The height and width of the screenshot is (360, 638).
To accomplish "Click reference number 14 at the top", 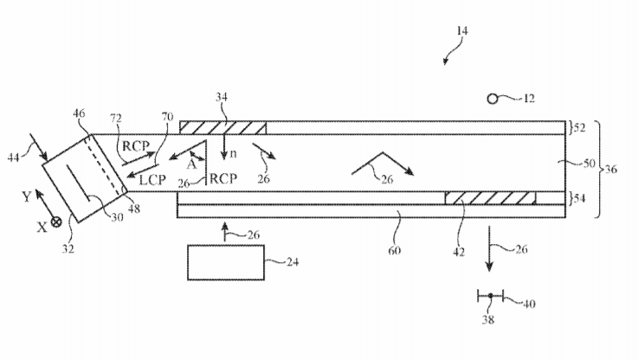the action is pos(462,31).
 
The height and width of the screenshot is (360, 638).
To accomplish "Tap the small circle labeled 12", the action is pos(493,99).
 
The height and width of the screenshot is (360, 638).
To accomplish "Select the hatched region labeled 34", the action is pos(223,128).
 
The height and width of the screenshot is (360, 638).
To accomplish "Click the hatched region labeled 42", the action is pos(490,198).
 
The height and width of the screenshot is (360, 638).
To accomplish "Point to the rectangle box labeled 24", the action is pos(226,262).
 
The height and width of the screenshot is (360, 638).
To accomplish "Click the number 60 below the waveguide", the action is pos(394,250).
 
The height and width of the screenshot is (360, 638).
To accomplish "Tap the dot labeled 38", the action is pos(491,296).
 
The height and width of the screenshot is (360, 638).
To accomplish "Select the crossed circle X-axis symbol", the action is pos(56,222).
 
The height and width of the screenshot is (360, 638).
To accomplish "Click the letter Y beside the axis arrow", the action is pos(27,196).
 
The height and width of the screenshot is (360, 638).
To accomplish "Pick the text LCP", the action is pos(152,180).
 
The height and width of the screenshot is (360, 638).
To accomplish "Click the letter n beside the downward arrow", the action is pos(233,154).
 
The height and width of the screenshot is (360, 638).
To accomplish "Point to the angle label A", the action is pos(191,164).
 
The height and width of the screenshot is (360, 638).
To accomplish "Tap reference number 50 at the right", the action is pos(590,163).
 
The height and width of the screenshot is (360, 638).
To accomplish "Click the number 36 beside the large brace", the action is pos(611,169).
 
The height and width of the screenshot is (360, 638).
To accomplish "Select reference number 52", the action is pos(579,128).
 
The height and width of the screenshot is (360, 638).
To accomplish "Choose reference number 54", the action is pos(579,198).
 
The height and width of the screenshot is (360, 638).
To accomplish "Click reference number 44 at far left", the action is pos(14,157).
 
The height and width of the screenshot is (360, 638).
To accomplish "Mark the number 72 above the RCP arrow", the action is pos(116,119).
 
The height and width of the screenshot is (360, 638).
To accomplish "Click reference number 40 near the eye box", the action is pos(529,304).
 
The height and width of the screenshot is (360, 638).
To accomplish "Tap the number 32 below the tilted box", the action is pos(68,248).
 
